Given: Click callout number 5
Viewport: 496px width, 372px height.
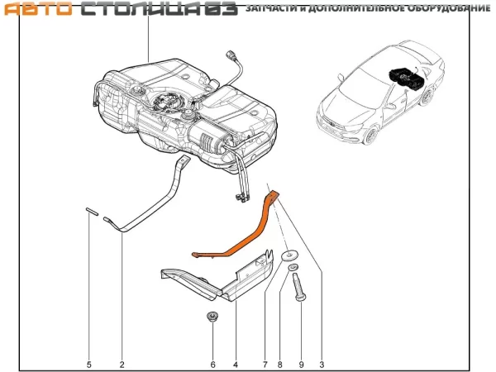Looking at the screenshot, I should (89, 363).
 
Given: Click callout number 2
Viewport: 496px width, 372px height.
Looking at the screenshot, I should (122, 363).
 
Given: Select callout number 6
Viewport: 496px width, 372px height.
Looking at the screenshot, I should (212, 363).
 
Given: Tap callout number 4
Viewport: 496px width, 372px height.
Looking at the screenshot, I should (236, 363).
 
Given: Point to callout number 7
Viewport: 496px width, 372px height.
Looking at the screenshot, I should (265, 363).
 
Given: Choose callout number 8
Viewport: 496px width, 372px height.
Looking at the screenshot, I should (281, 363).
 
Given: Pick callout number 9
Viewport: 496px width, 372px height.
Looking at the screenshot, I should (301, 363).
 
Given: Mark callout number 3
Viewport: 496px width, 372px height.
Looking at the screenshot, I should (321, 363).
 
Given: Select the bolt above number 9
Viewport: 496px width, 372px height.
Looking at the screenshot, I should (298, 285).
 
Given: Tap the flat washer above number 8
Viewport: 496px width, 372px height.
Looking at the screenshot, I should (290, 257).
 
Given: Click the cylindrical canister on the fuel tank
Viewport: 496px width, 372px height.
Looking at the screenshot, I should (214, 138).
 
